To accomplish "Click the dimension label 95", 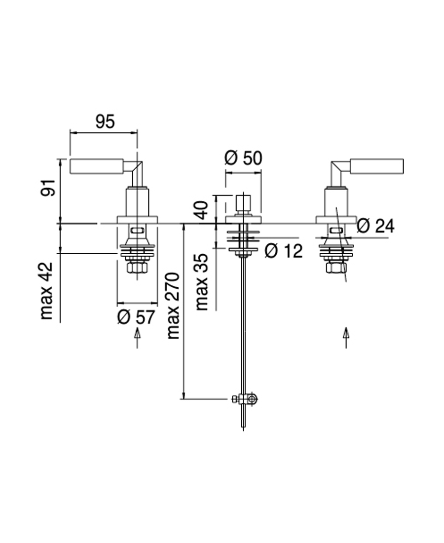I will point(105,121).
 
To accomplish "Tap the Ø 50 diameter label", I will point(243,158).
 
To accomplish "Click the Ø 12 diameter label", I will point(283,251).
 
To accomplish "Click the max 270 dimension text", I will point(173,306).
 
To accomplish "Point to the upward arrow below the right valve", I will point(346,337).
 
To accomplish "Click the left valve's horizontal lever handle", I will point(97,166).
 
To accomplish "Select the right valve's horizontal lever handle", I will point(377,166).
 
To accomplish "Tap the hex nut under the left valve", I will point(136,268).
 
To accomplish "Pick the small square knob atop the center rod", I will point(243,203).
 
